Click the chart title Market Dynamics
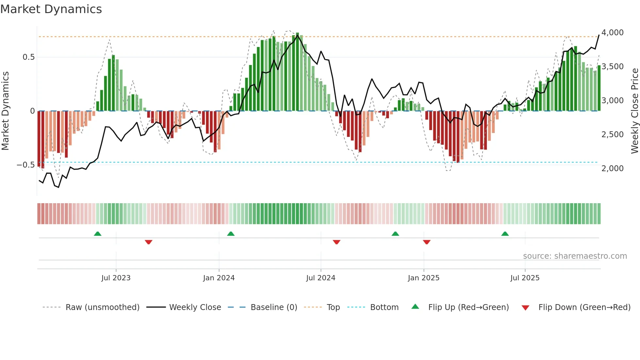(x=51, y=9)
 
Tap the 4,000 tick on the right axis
(x=612, y=33)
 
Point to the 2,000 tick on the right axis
(x=612, y=169)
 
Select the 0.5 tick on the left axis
(x=28, y=57)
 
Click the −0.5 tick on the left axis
(x=25, y=165)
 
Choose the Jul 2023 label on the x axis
(x=116, y=278)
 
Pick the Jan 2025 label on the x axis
(x=424, y=278)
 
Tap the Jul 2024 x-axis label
(x=321, y=278)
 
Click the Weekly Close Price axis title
(x=634, y=111)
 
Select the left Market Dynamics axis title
(x=5, y=111)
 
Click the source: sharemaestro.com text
(x=575, y=256)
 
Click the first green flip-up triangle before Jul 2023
(x=98, y=234)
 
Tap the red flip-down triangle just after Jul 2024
(x=337, y=242)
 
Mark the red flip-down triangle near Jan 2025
(x=426, y=242)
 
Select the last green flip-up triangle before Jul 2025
(x=505, y=234)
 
